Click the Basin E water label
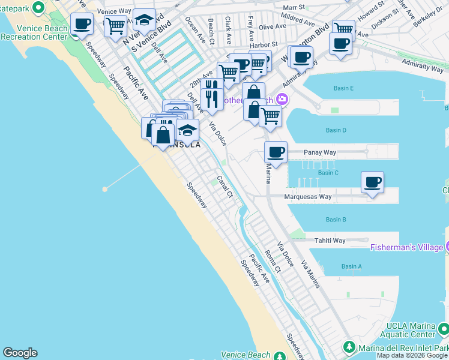coord(343,89)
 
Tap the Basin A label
coord(351,266)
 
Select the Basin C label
coord(328,173)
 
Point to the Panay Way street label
coord(320,152)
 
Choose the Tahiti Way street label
coord(330,241)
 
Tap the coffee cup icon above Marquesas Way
coord(372,182)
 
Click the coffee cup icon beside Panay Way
coord(276,151)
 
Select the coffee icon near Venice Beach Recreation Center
coord(82,24)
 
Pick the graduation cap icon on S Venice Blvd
coord(144,20)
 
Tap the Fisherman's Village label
coord(406,247)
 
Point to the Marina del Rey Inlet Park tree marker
coord(349,347)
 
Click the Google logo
coord(20,353)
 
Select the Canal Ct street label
coord(224,186)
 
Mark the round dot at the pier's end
coord(105,189)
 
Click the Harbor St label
coord(265,44)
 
